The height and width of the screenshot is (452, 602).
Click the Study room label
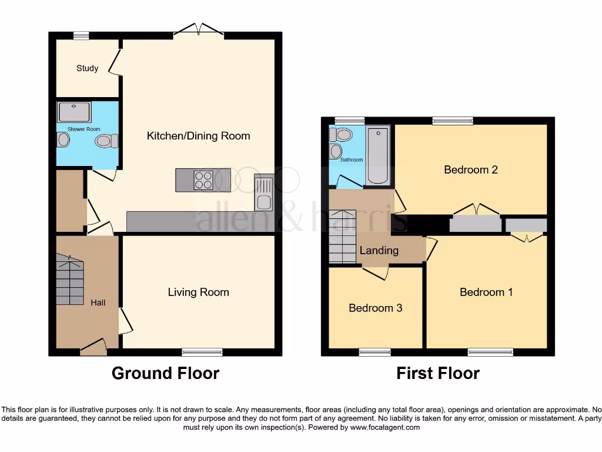[x=87, y=68]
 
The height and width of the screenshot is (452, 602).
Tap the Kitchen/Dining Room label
[x=198, y=136]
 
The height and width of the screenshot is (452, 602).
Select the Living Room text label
[x=198, y=292]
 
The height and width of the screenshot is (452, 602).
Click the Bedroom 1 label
[x=486, y=292]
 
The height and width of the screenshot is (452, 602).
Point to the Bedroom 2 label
[x=471, y=169]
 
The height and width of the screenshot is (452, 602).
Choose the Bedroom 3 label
[x=375, y=308]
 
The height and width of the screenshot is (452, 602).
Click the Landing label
[x=379, y=250]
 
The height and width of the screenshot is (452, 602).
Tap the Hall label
[x=98, y=303]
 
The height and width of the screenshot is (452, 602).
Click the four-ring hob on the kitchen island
[x=203, y=180]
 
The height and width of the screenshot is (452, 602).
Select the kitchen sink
[x=262, y=194]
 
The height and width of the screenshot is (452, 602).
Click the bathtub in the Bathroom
[x=377, y=156]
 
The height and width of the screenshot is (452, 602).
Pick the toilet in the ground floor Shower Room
[x=106, y=141]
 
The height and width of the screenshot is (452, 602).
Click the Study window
[x=81, y=35]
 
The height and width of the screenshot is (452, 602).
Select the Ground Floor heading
[x=165, y=373]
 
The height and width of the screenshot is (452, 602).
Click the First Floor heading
[x=438, y=373]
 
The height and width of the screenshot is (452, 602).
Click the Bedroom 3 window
[x=374, y=353]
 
